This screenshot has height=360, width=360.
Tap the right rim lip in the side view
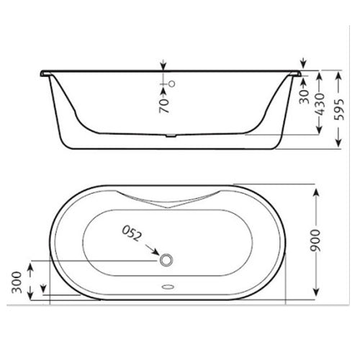(294, 72)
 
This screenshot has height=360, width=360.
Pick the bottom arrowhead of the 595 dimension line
(339, 145)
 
